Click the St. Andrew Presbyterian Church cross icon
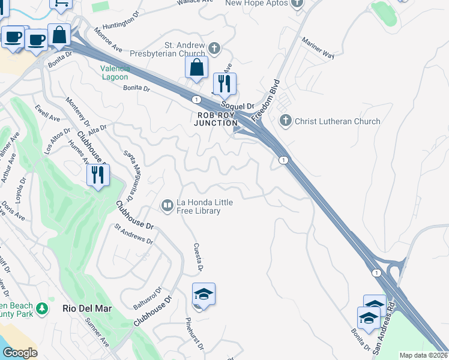(214, 47)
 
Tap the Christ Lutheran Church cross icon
(286, 121)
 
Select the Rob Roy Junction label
(215, 119)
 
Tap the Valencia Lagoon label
(114, 73)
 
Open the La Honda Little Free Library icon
(166, 206)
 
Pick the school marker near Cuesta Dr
(203, 294)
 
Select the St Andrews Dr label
(133, 234)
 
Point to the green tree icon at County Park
(42, 309)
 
